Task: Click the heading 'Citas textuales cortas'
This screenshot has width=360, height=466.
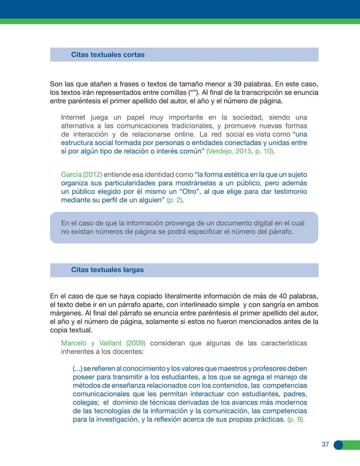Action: click(107, 55)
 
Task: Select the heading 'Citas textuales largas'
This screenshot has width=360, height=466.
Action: click(107, 270)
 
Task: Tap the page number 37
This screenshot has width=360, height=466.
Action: click(325, 445)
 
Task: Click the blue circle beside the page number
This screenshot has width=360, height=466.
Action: click(338, 445)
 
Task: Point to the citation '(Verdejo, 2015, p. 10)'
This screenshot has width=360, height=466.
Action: click(240, 152)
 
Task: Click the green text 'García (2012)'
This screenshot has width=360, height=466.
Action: click(81, 173)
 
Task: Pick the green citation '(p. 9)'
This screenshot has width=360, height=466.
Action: click(296, 420)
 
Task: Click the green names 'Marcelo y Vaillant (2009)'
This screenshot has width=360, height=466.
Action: click(103, 342)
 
